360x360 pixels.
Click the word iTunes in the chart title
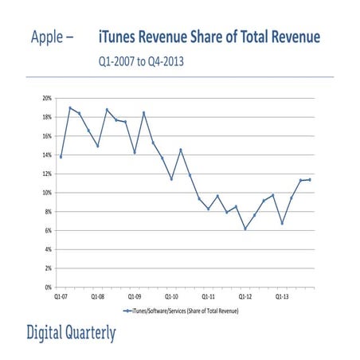(x=120, y=37)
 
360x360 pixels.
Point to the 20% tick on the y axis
(x=47, y=98)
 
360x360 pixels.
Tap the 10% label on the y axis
(x=47, y=193)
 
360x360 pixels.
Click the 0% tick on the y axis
(x=49, y=287)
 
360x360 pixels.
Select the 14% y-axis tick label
(x=47, y=155)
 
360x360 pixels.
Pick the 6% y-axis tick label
(x=49, y=230)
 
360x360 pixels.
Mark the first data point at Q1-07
(x=61, y=157)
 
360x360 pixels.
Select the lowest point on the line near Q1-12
(x=245, y=229)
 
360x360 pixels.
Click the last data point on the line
(x=310, y=179)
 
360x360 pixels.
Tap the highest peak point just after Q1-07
(x=70, y=108)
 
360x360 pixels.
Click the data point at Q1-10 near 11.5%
(x=171, y=178)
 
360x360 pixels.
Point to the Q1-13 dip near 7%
(x=282, y=223)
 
